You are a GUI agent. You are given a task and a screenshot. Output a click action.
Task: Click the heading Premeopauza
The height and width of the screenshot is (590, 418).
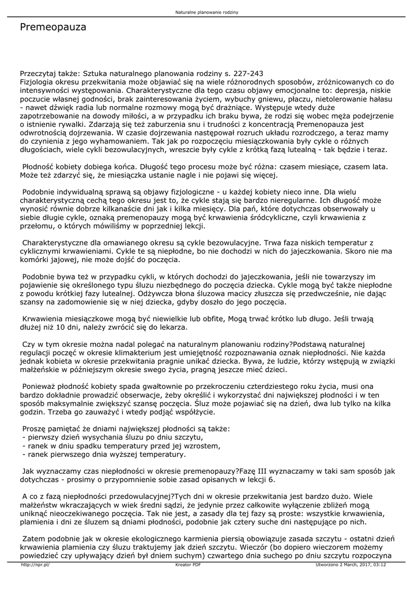(53, 27)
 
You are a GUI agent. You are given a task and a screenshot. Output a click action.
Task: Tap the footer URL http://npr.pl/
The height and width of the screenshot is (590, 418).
(35, 565)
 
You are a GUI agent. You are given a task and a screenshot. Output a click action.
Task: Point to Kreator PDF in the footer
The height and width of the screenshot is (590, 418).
(187, 565)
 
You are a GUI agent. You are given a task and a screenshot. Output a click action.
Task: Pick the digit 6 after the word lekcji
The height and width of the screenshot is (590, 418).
(272, 480)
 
